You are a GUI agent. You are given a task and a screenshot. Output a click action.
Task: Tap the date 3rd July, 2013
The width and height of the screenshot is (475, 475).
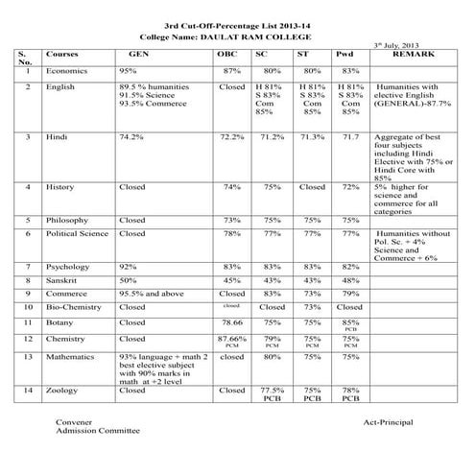click(x=394, y=44)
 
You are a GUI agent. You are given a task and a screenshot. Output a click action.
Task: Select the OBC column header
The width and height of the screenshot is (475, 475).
click(x=231, y=55)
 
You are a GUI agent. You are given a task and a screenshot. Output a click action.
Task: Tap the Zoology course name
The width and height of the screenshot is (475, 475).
click(x=63, y=391)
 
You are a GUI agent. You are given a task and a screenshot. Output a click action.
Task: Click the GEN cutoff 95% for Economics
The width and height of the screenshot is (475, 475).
click(x=128, y=71)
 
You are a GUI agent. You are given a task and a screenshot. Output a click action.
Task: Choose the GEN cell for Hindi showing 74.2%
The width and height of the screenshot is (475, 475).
click(x=131, y=138)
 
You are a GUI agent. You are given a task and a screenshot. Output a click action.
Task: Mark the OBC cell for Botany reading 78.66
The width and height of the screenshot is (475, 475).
click(x=231, y=322)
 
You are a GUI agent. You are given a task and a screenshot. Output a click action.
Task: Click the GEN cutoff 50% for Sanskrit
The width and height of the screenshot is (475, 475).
click(x=128, y=279)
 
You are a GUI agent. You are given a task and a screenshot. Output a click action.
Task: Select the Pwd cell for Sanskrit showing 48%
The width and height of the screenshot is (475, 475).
click(x=350, y=279)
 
